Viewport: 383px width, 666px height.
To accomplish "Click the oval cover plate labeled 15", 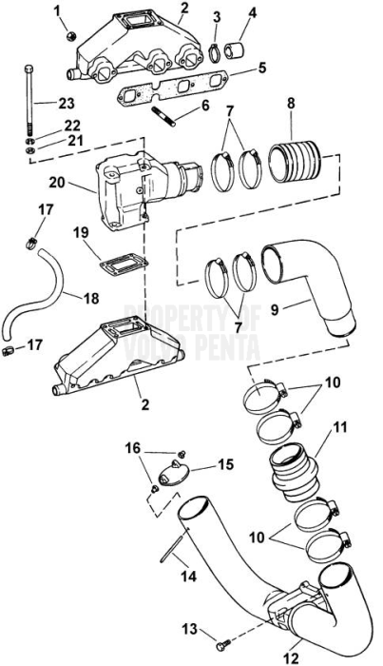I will (x=179, y=476).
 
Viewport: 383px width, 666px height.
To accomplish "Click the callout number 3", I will (x=217, y=15).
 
